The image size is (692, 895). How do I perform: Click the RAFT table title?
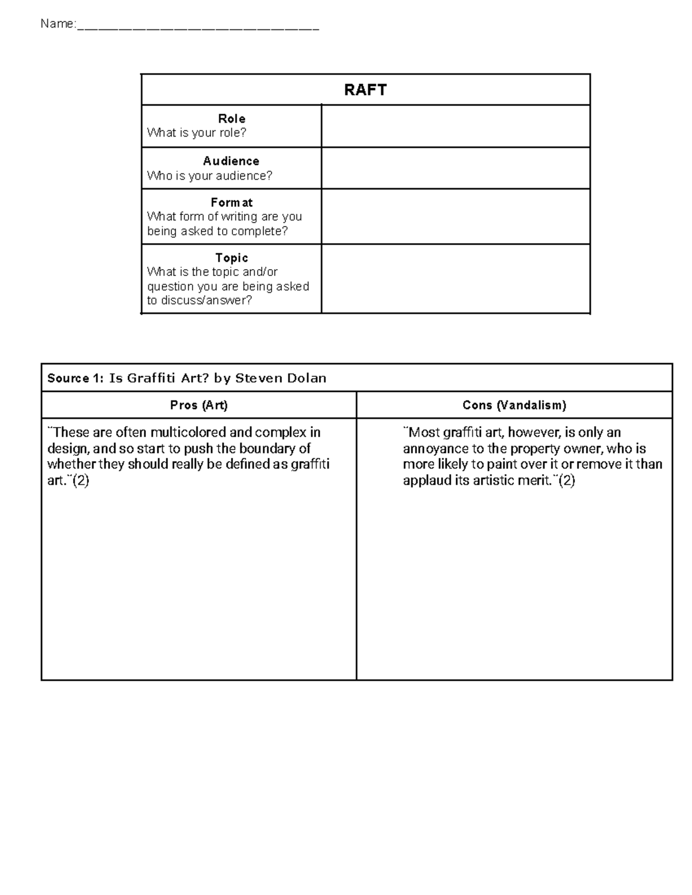pyautogui.click(x=365, y=90)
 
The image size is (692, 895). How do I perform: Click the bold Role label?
pyautogui.click(x=231, y=119)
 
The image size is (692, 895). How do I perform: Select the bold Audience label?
pyautogui.click(x=231, y=161)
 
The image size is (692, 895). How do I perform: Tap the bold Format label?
pyautogui.click(x=231, y=203)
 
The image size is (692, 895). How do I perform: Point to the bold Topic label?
pyautogui.click(x=231, y=258)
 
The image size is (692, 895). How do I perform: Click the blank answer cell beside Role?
pyautogui.click(x=455, y=126)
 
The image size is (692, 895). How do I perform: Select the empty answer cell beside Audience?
pyautogui.click(x=455, y=168)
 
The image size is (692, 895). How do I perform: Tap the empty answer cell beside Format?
pyautogui.click(x=455, y=217)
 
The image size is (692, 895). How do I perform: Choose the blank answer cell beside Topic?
pyautogui.click(x=455, y=279)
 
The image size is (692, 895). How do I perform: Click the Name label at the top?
pyautogui.click(x=58, y=24)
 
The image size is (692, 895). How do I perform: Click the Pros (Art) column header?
pyautogui.click(x=199, y=405)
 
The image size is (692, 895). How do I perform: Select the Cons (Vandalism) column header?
pyautogui.click(x=514, y=405)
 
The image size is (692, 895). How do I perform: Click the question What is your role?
pyautogui.click(x=197, y=133)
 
